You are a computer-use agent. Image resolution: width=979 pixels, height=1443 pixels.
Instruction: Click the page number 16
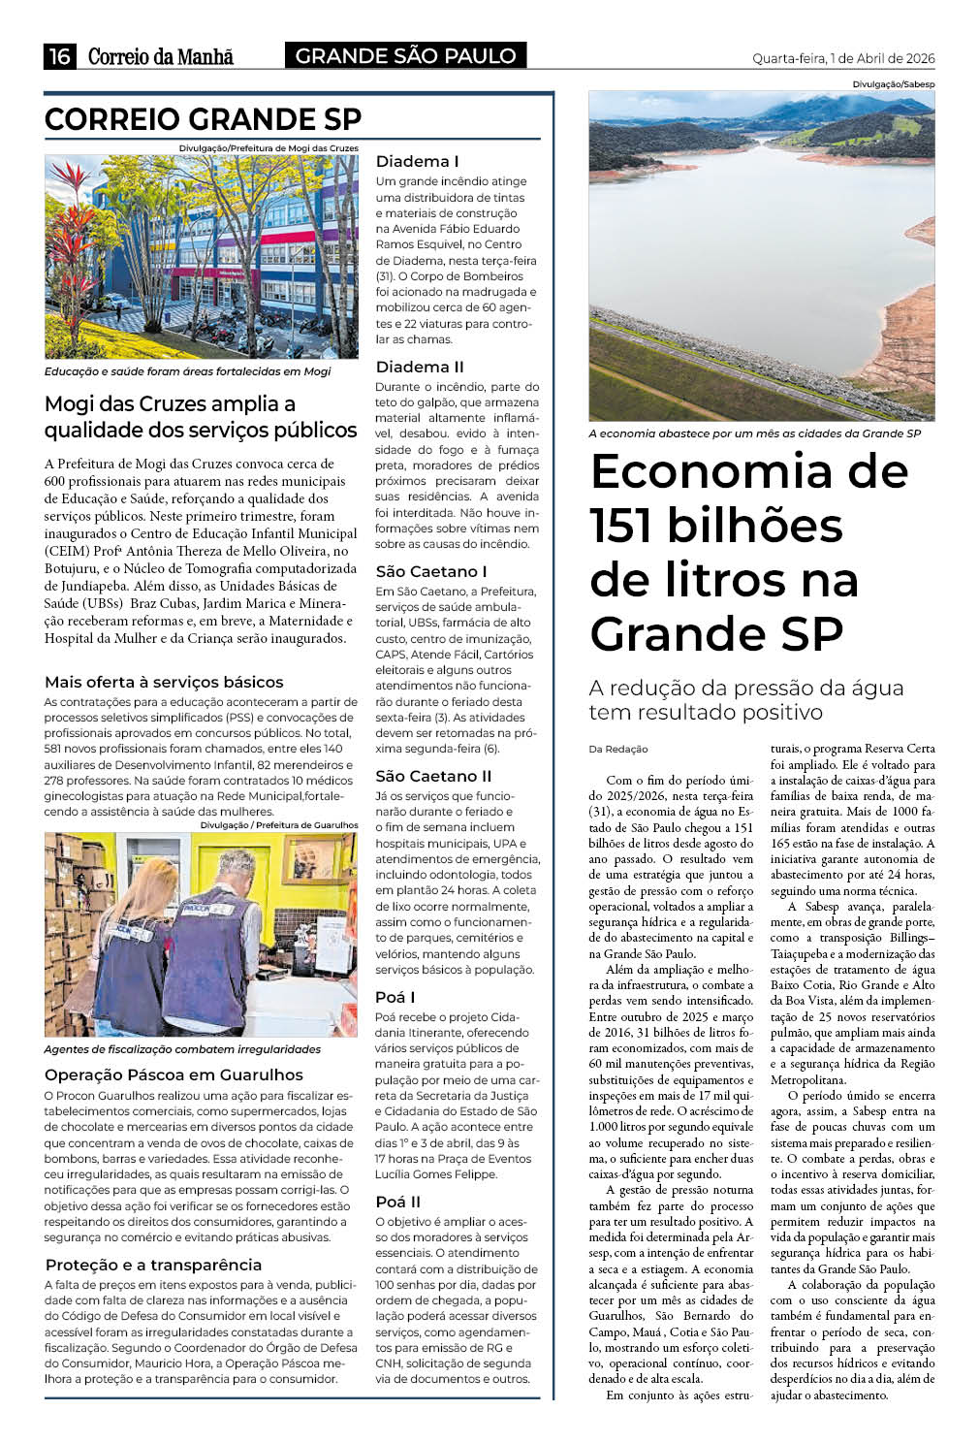click(59, 56)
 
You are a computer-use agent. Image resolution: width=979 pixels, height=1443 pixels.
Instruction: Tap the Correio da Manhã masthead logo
click(161, 56)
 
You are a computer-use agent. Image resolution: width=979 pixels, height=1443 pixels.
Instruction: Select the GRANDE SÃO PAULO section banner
click(405, 56)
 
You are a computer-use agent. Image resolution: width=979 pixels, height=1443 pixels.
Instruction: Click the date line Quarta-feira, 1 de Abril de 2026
click(843, 58)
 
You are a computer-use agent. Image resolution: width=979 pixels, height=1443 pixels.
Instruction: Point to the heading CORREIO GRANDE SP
click(203, 119)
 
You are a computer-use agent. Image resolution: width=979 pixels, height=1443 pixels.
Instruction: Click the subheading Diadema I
click(417, 161)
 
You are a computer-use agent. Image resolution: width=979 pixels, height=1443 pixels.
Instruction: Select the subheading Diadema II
click(420, 367)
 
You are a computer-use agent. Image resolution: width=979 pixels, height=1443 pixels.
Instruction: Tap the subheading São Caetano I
click(431, 571)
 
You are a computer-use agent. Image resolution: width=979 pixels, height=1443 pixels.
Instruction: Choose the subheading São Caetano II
click(433, 776)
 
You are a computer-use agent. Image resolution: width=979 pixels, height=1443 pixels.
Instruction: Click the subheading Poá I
click(395, 997)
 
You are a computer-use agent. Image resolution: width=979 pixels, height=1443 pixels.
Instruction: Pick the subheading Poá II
click(397, 1202)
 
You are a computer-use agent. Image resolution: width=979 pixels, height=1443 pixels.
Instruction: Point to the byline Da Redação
click(617, 749)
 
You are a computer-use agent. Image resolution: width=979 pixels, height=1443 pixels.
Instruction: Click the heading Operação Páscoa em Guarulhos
click(174, 1074)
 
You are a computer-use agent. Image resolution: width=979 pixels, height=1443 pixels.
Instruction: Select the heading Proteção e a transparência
click(153, 1265)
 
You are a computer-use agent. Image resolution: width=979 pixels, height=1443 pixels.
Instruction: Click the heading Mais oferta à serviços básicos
click(164, 682)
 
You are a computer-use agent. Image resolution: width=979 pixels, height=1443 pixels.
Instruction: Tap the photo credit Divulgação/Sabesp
click(893, 84)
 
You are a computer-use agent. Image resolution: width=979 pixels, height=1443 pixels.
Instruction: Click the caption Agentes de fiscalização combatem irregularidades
click(182, 1049)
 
